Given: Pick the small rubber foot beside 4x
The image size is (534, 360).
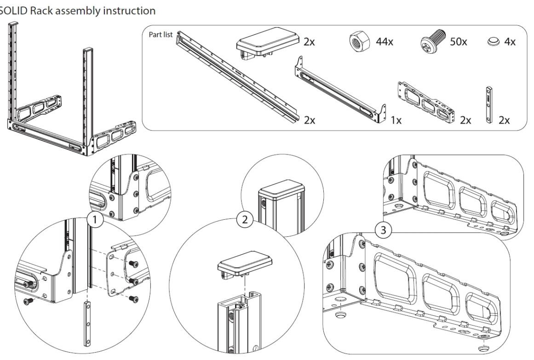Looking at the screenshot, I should click(x=495, y=42).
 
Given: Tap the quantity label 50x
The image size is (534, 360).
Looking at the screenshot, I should click(x=458, y=42).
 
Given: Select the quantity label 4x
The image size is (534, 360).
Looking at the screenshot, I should click(x=510, y=42).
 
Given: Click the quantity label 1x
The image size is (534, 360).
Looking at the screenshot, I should click(x=396, y=120).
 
